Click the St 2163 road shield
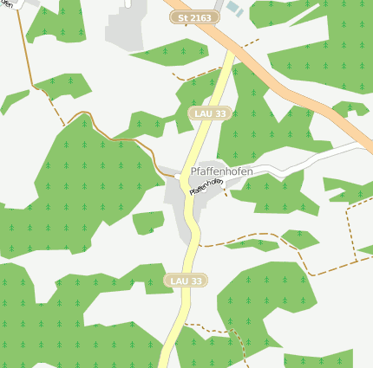(193, 16)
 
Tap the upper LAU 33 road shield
(208, 113)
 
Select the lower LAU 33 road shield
(185, 281)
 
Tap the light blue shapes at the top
(234, 8)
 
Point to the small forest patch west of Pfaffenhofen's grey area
(147, 221)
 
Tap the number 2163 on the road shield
(200, 16)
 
